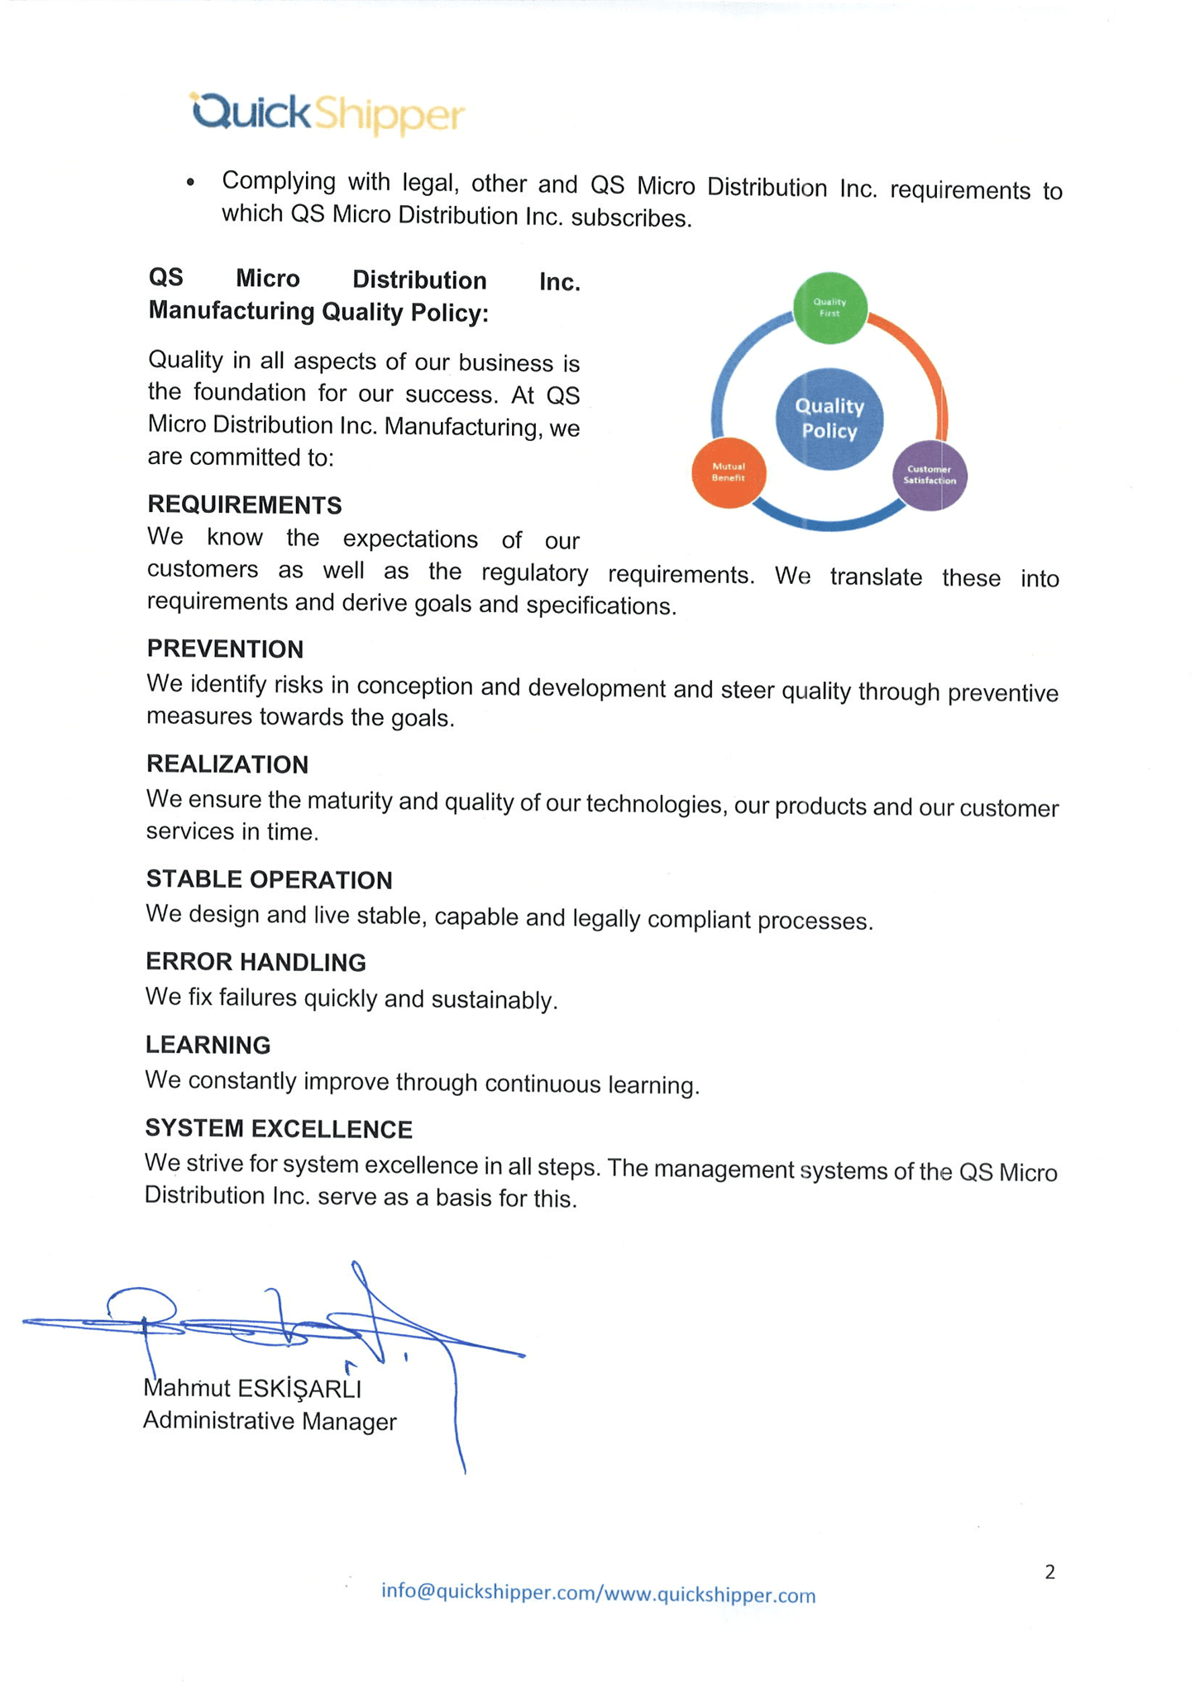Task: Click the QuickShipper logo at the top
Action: click(x=327, y=113)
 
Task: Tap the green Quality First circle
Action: click(x=829, y=308)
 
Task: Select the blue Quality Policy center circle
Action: click(x=829, y=419)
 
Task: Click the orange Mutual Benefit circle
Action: click(x=729, y=472)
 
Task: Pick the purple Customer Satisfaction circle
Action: click(x=930, y=476)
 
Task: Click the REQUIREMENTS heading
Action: click(x=245, y=505)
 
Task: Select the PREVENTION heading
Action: click(x=225, y=649)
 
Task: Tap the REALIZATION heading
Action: click(x=227, y=764)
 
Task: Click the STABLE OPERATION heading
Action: click(x=269, y=879)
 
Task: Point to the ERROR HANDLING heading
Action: click(x=256, y=962)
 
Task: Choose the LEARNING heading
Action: click(x=208, y=1045)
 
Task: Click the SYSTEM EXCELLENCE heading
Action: click(x=279, y=1128)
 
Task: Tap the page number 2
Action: click(x=1049, y=1572)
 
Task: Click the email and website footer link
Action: click(x=598, y=1593)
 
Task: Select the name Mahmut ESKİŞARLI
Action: click(x=252, y=1387)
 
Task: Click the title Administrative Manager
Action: click(x=270, y=1420)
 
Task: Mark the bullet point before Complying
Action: click(x=191, y=182)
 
